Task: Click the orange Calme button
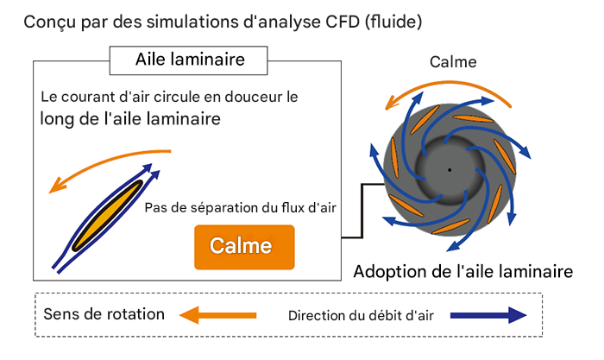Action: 245,246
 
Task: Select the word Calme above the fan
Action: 453,62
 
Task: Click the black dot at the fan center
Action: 449,169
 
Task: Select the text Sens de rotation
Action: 104,313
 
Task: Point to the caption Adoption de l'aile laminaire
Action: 463,272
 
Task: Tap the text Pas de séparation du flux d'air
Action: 240,207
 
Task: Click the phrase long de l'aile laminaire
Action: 129,119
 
